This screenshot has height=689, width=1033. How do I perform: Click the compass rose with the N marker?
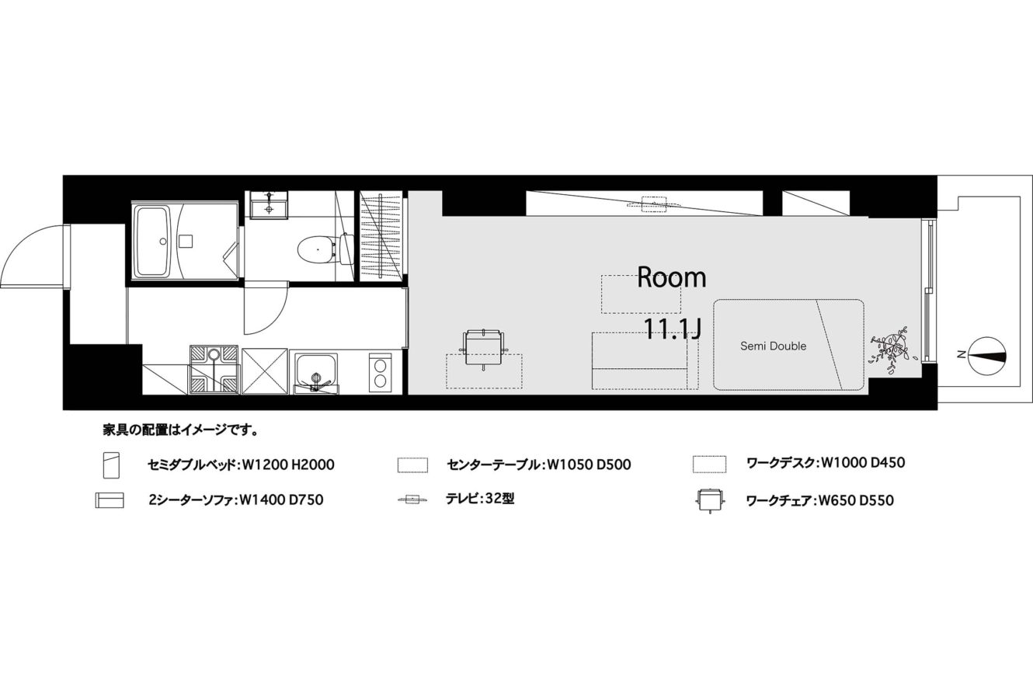987,356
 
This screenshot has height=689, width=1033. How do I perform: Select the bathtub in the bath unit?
153,242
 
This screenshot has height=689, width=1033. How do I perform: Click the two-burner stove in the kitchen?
380,373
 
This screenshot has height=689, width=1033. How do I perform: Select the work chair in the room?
483,349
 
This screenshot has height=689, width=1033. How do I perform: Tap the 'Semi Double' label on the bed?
774,346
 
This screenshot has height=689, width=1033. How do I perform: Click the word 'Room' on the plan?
671,277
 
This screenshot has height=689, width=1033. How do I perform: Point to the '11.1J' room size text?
672,329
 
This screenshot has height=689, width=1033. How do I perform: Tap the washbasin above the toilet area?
269,206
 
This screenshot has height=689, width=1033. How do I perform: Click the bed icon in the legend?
111,465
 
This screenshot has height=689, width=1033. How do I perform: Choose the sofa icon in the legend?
110,500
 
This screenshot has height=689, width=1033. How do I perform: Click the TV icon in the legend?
412,500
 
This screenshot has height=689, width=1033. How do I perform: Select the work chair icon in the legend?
710,500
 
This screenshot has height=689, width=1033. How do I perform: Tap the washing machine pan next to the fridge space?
214,370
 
